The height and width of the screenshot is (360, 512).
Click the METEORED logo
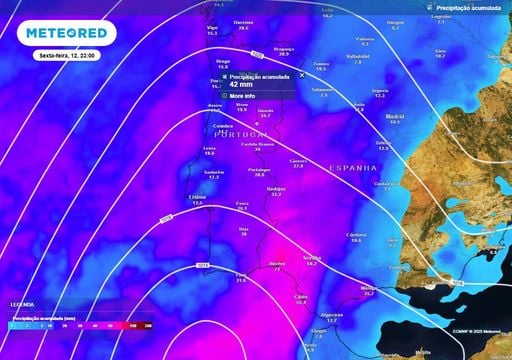click(66, 32)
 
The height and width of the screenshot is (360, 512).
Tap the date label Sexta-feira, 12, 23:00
click(67, 57)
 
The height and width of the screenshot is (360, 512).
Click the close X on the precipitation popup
click(301, 75)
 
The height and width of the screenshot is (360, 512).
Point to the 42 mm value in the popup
click(241, 85)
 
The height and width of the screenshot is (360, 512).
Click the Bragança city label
click(285, 48)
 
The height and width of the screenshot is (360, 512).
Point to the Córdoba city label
click(356, 235)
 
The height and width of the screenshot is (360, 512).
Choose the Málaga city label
click(368, 288)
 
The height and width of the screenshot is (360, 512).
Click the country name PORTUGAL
click(241, 134)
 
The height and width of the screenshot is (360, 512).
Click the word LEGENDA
click(22, 304)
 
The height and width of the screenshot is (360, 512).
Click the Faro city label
click(240, 276)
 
